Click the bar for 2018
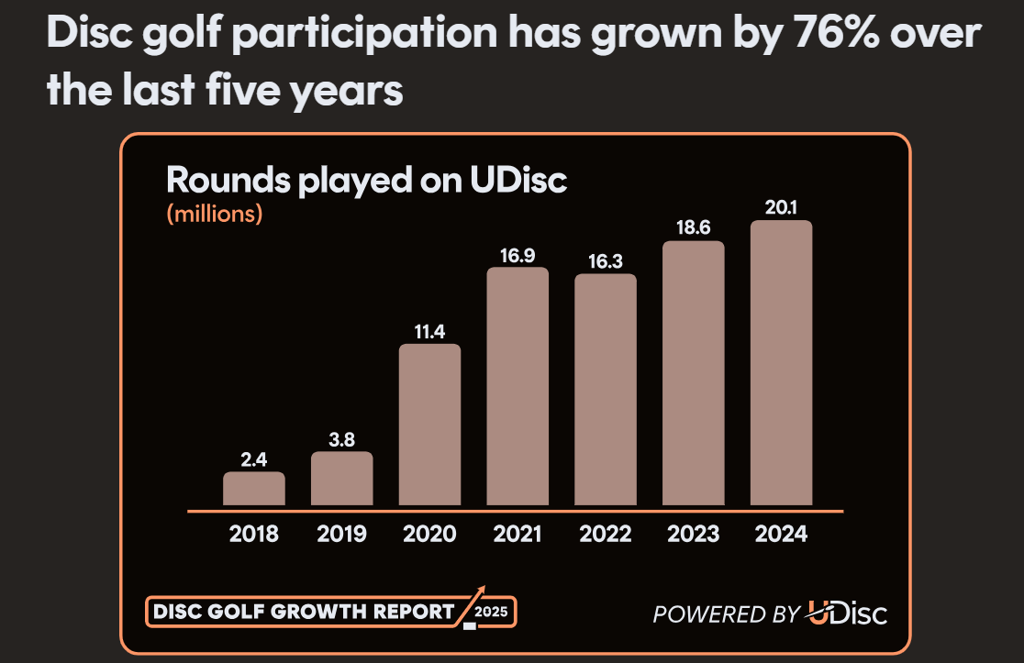click(254, 489)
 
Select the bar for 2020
click(429, 425)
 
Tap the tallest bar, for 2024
click(781, 363)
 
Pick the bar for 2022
click(605, 390)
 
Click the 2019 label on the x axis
click(342, 534)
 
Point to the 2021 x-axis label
click(518, 534)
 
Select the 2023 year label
click(693, 534)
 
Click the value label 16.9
click(518, 255)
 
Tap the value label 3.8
click(342, 439)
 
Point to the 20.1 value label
click(781, 207)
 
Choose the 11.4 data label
click(429, 332)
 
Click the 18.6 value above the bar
click(693, 228)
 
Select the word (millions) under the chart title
click(215, 214)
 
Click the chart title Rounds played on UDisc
click(366, 180)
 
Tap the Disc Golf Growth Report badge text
click(303, 611)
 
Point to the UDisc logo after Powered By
click(847, 613)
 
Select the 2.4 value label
click(254, 460)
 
